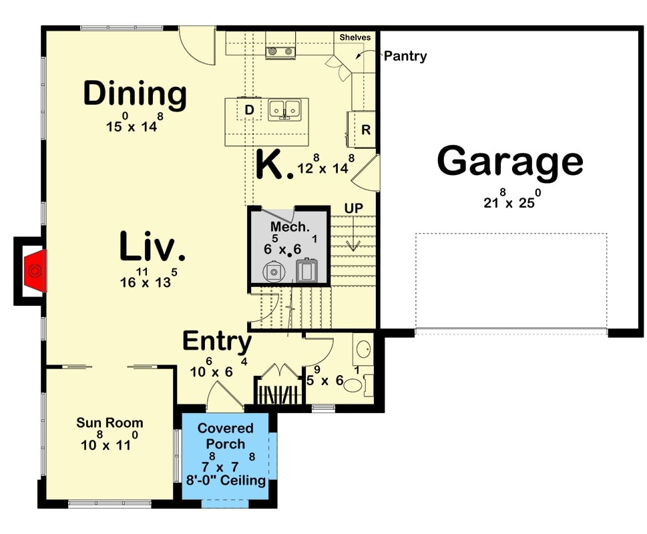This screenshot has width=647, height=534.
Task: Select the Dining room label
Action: tap(134, 94)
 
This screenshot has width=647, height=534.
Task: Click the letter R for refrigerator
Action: tap(365, 130)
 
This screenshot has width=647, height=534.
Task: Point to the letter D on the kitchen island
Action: tap(249, 109)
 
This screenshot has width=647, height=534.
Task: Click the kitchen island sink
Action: tap(284, 109)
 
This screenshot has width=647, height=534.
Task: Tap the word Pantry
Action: tap(405, 57)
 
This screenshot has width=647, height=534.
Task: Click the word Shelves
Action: tap(355, 37)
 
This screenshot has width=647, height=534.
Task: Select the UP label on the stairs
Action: tap(353, 209)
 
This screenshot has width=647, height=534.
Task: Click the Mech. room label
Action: tap(290, 227)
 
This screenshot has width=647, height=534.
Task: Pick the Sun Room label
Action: tap(110, 423)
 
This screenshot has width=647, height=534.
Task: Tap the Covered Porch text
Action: tap(226, 436)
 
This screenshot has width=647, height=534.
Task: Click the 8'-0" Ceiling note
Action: tap(226, 481)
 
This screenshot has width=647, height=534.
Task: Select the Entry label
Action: tap(217, 342)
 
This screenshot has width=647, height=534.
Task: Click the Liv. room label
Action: tap(152, 247)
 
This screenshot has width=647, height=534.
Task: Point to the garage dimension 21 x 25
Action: tap(510, 202)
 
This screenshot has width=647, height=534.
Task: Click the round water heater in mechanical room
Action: tap(273, 272)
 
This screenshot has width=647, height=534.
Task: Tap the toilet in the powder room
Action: tap(354, 385)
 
